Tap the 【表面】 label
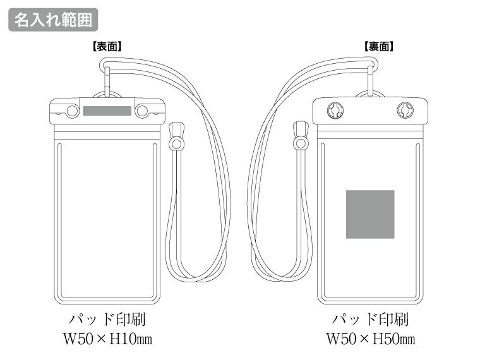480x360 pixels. pyautogui.click(x=107, y=46)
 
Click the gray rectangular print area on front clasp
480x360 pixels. pyautogui.click(x=107, y=111)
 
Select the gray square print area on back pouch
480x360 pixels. pyautogui.click(x=370, y=215)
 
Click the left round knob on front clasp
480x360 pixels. pyautogui.click(x=73, y=112)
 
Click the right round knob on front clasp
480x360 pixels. pyautogui.click(x=141, y=112)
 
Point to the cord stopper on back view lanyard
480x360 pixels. pyautogui.click(x=301, y=136)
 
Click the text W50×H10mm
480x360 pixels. pyautogui.click(x=107, y=339)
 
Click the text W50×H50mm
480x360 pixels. pyautogui.click(x=371, y=339)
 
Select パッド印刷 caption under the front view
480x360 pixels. pyautogui.click(x=107, y=318)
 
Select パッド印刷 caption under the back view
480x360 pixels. pyautogui.click(x=371, y=318)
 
